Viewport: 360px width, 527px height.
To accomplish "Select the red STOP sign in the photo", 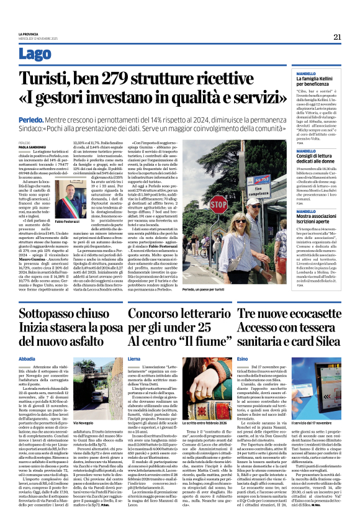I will (x=218, y=203).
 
